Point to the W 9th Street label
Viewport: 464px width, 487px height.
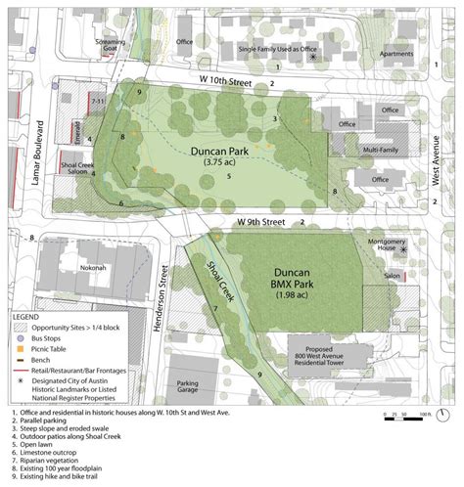pyautogui.click(x=259, y=224)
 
